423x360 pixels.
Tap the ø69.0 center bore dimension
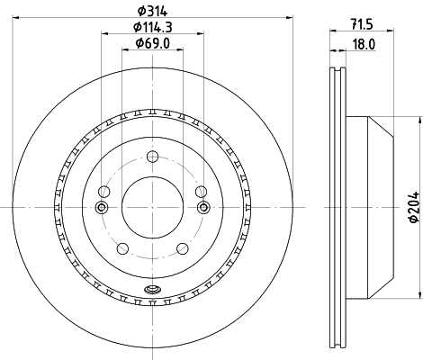pos(148,42)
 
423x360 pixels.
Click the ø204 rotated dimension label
pos(413,210)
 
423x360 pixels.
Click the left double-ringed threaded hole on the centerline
pos(102,208)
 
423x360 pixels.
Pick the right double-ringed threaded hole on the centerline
pos(202,208)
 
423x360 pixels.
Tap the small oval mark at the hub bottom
pos(152,290)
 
